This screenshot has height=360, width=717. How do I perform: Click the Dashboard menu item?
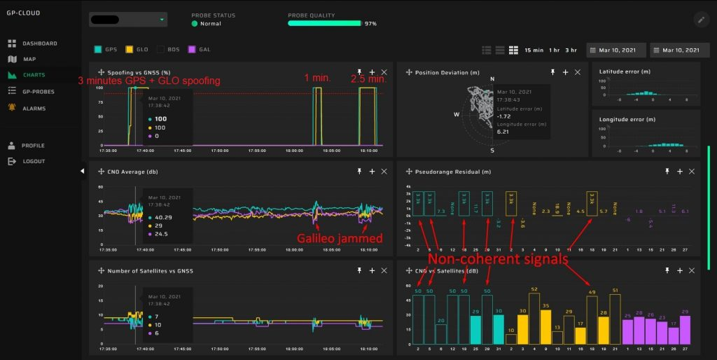tap(39, 43)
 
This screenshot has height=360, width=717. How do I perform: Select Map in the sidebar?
tap(29, 59)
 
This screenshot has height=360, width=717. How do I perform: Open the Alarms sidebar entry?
tap(34, 109)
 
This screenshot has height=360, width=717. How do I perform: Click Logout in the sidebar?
tap(33, 161)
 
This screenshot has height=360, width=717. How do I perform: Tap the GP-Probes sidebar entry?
tap(38, 91)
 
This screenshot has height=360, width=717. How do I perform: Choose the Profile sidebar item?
tap(32, 146)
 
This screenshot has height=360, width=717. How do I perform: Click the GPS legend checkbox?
tap(98, 50)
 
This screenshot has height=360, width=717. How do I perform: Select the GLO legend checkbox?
tap(129, 50)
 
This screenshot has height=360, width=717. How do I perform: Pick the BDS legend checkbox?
tap(161, 50)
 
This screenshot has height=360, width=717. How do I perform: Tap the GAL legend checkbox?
tap(192, 50)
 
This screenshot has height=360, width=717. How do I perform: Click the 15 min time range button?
tap(534, 50)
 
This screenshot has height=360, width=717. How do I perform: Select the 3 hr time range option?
tap(571, 50)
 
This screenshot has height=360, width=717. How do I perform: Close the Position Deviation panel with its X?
tap(578, 72)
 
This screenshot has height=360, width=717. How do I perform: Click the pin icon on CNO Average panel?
tap(358, 170)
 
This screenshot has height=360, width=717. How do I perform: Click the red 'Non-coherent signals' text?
tap(499, 258)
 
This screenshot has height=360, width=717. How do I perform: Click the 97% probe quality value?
tap(370, 23)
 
